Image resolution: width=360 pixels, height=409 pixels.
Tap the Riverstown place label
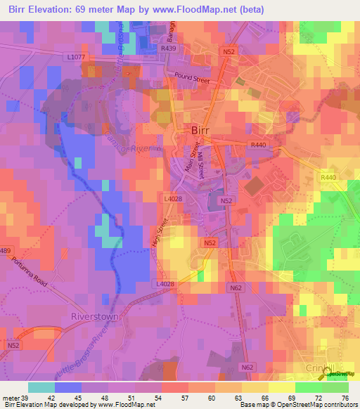click(94, 316)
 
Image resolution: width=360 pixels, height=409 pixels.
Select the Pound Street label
click(187, 77)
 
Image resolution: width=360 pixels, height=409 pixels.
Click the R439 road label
click(169, 49)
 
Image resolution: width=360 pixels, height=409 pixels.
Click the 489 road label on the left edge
click(6, 250)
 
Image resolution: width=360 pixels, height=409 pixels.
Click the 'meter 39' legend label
click(14, 398)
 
